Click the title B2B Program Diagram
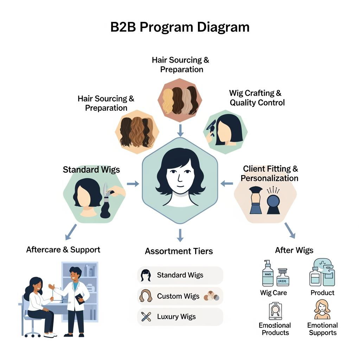[180, 27]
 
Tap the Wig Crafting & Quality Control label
[257, 98]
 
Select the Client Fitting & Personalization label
[270, 173]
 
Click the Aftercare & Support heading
[63, 250]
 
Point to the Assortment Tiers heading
[179, 251]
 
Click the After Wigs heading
[294, 250]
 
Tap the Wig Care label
[274, 292]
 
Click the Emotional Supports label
[322, 329]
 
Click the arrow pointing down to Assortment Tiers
[180, 235]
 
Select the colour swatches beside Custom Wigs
[212, 296]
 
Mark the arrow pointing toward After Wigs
[290, 230]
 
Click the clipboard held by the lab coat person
[79, 298]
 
